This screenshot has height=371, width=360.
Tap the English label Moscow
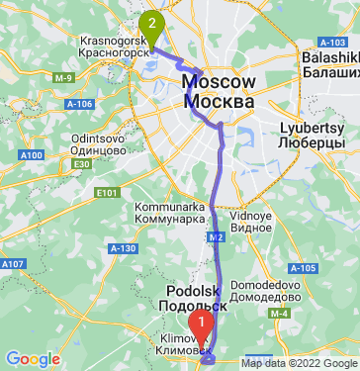[222, 82]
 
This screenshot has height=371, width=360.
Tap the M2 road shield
[215, 237]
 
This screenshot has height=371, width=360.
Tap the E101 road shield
[106, 192]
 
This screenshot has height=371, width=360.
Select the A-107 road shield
[14, 264]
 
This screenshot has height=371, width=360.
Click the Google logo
[33, 358]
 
